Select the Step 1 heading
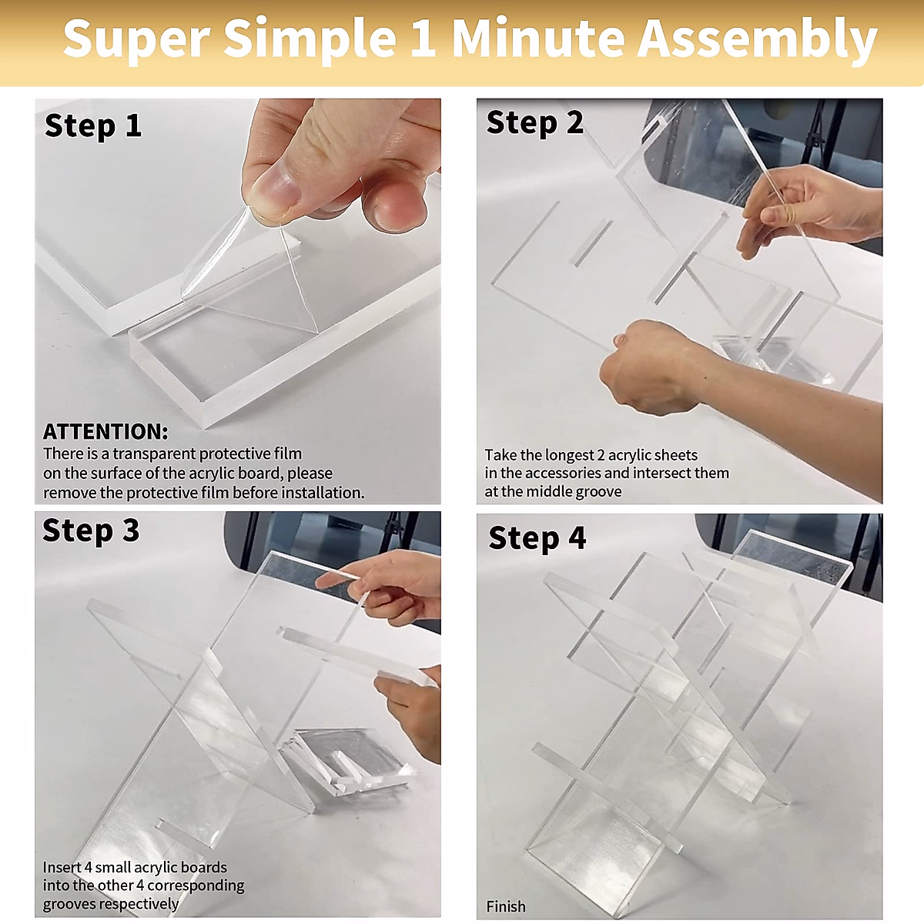tap(93, 126)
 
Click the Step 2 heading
tap(534, 123)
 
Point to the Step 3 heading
tap(91, 531)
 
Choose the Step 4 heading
tap(537, 538)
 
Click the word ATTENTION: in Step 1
tap(105, 431)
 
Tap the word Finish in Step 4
tap(505, 906)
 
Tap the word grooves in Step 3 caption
tap(69, 904)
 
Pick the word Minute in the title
tap(538, 38)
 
